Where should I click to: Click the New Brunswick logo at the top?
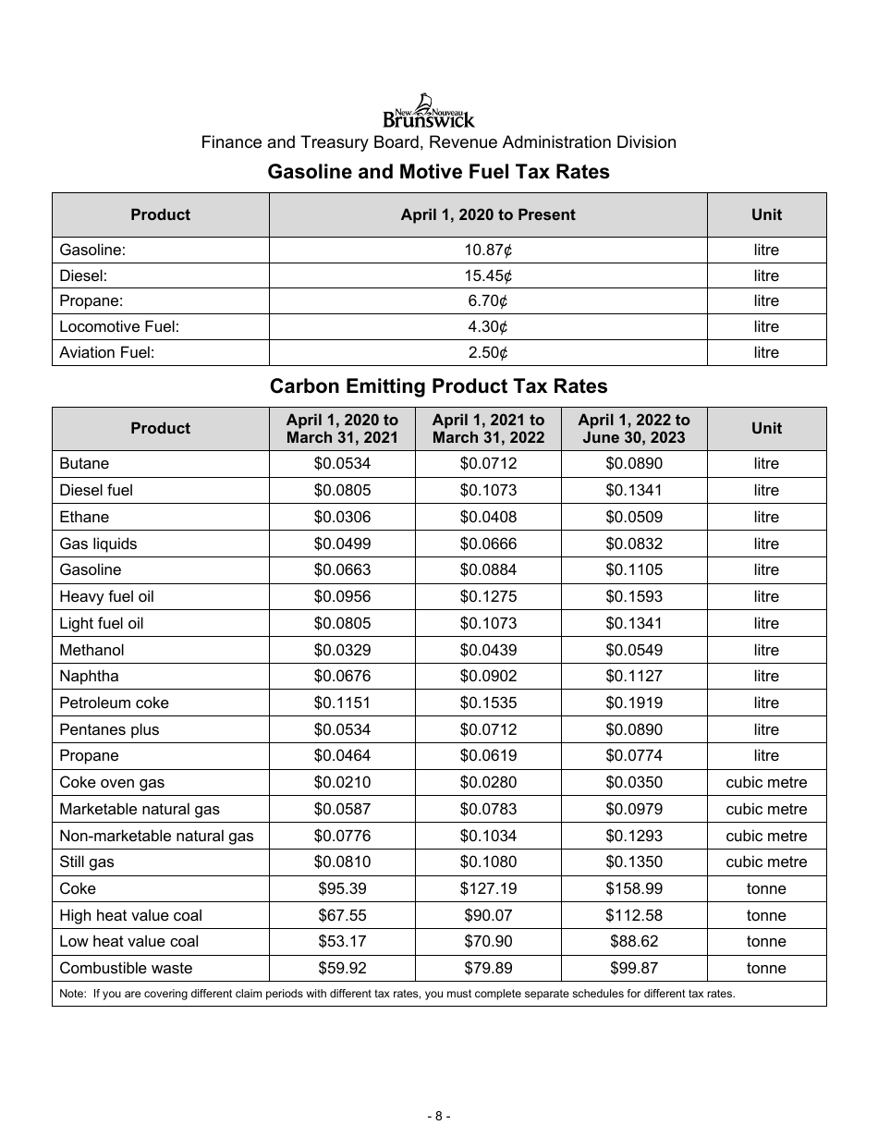coord(429,111)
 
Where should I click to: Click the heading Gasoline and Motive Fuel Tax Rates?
coord(438,172)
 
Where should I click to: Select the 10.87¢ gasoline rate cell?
coord(487,250)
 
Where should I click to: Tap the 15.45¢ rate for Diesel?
coord(487,275)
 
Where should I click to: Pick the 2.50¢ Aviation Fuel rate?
coord(487,352)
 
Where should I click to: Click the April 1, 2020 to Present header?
coord(487,214)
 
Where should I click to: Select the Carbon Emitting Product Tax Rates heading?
coord(438,386)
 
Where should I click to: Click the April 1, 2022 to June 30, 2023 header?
coord(633,429)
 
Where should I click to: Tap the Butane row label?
coord(84,463)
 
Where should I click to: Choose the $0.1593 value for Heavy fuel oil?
coord(633,596)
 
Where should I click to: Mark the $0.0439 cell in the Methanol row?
coord(488,650)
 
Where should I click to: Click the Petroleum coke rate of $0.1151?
coord(342,703)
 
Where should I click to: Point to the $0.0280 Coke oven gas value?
coord(488,782)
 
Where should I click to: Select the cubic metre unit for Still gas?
coord(766,862)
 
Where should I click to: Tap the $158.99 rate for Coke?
coord(633,888)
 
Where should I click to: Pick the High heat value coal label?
coord(130,915)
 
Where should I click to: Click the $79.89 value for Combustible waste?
coord(488,968)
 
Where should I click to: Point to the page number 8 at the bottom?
coord(438,1116)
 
